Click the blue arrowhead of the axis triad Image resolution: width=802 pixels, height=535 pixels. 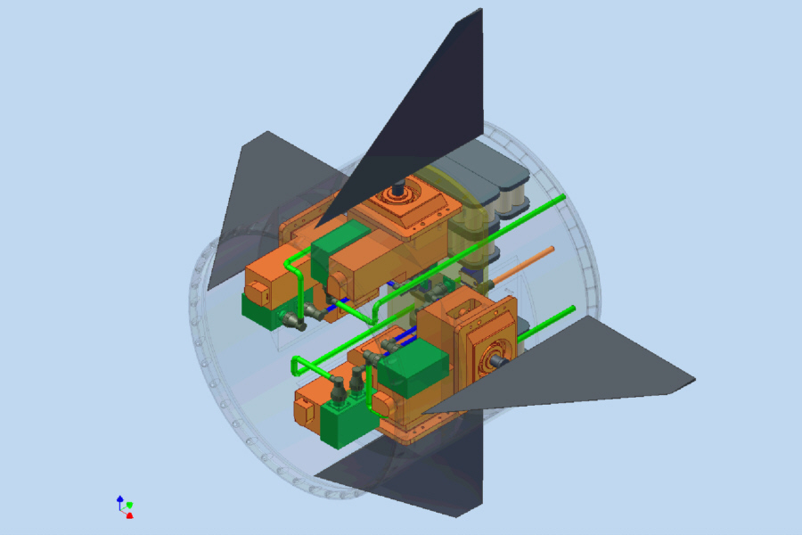pyautogui.click(x=120, y=498)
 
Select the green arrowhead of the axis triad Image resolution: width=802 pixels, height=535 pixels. pyautogui.click(x=129, y=505)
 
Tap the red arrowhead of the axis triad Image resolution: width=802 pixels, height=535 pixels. pyautogui.click(x=130, y=515)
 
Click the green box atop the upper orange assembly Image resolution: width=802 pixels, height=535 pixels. pyautogui.click(x=340, y=241)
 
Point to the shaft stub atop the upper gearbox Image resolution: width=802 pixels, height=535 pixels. pyautogui.click(x=399, y=189)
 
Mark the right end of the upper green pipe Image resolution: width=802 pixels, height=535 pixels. pyautogui.click(x=562, y=197)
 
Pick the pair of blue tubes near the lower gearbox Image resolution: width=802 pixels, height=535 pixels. pyautogui.click(x=406, y=337)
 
